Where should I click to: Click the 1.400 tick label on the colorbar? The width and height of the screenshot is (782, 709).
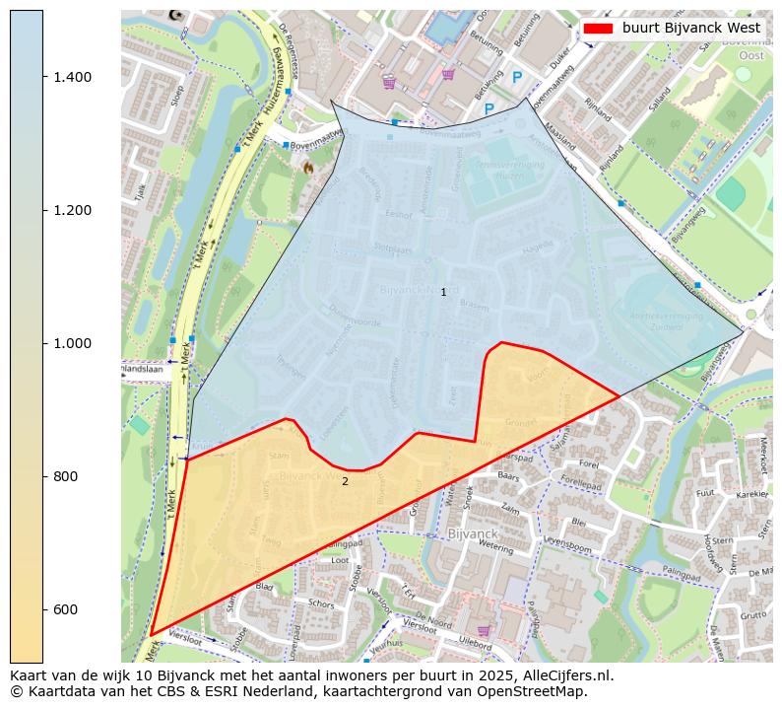(72, 77)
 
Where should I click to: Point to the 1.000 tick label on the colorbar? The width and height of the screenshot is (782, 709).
(72, 343)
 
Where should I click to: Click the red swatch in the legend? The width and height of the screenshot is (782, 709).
(598, 29)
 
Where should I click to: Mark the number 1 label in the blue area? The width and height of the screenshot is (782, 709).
(443, 293)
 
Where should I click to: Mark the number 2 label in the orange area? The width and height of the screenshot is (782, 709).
(345, 482)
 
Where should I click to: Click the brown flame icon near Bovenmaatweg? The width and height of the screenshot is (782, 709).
(308, 168)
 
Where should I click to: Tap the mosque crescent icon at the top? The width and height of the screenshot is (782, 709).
(176, 15)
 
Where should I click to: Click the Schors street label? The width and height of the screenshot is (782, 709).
(321, 603)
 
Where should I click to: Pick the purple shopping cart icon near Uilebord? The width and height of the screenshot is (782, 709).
(483, 631)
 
